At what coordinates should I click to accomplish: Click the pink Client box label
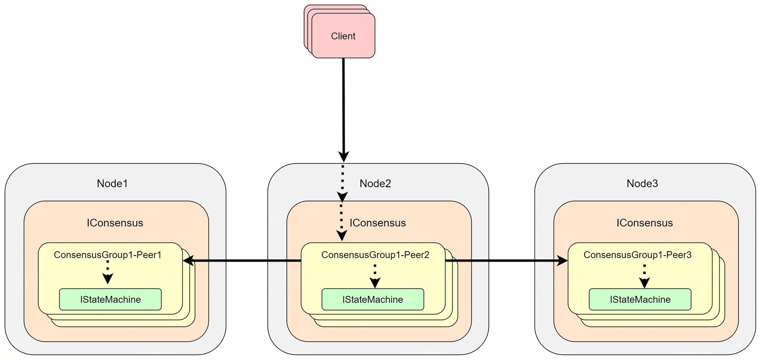343,36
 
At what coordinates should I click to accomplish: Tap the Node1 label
112,183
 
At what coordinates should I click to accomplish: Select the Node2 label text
375,183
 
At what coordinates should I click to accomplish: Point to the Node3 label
642,183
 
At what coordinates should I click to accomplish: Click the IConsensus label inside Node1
115,223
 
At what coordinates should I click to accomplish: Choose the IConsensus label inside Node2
378,223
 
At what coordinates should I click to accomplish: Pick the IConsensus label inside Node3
644,223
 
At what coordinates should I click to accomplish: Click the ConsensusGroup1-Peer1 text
107,255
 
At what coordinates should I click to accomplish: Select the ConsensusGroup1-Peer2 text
375,255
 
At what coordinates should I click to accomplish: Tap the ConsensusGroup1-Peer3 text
637,255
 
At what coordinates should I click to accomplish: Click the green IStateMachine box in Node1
110,299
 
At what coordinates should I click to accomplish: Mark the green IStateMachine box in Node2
372,299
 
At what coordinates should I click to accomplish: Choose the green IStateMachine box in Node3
640,299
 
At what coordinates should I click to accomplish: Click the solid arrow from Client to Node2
344,107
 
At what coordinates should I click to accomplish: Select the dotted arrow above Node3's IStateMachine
644,276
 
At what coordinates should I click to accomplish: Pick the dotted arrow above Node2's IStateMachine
375,276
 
